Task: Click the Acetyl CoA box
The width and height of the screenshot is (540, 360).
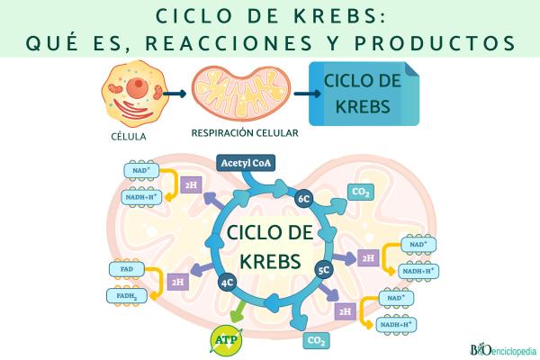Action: [245, 164]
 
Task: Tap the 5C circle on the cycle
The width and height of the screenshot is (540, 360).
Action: [324, 268]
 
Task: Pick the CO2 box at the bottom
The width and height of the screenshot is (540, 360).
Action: [316, 340]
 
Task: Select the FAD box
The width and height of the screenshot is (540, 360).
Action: [125, 267]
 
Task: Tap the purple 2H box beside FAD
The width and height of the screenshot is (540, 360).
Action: [178, 282]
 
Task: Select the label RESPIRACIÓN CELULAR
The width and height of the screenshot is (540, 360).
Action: [245, 131]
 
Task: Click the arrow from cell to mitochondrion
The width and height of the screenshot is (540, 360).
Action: [175, 93]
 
